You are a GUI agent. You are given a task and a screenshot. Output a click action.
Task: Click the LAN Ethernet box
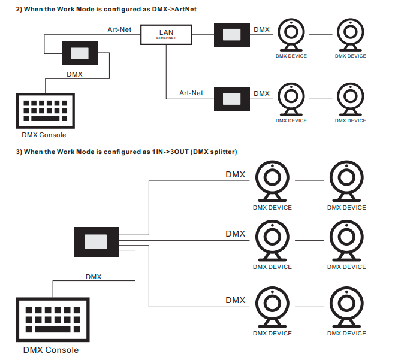(x=166, y=34)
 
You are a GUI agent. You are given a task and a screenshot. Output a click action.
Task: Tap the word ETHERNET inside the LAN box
(x=166, y=38)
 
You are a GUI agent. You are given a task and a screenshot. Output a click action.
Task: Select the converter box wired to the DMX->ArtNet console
(x=79, y=53)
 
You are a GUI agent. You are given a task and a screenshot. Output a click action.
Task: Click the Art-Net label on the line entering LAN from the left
(x=119, y=29)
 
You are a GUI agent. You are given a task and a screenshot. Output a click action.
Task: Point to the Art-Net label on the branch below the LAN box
(x=191, y=93)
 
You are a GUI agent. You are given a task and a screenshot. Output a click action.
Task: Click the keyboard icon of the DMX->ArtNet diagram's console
(x=46, y=110)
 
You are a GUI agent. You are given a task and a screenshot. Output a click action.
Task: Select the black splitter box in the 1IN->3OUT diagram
(x=96, y=241)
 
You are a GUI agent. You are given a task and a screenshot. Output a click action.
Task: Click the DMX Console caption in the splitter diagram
(x=50, y=350)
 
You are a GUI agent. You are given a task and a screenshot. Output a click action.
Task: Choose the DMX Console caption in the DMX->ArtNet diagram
(x=44, y=135)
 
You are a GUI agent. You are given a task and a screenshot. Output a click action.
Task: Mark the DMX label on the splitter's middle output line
(x=235, y=234)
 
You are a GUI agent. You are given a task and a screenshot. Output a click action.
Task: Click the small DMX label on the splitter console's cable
(x=94, y=277)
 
